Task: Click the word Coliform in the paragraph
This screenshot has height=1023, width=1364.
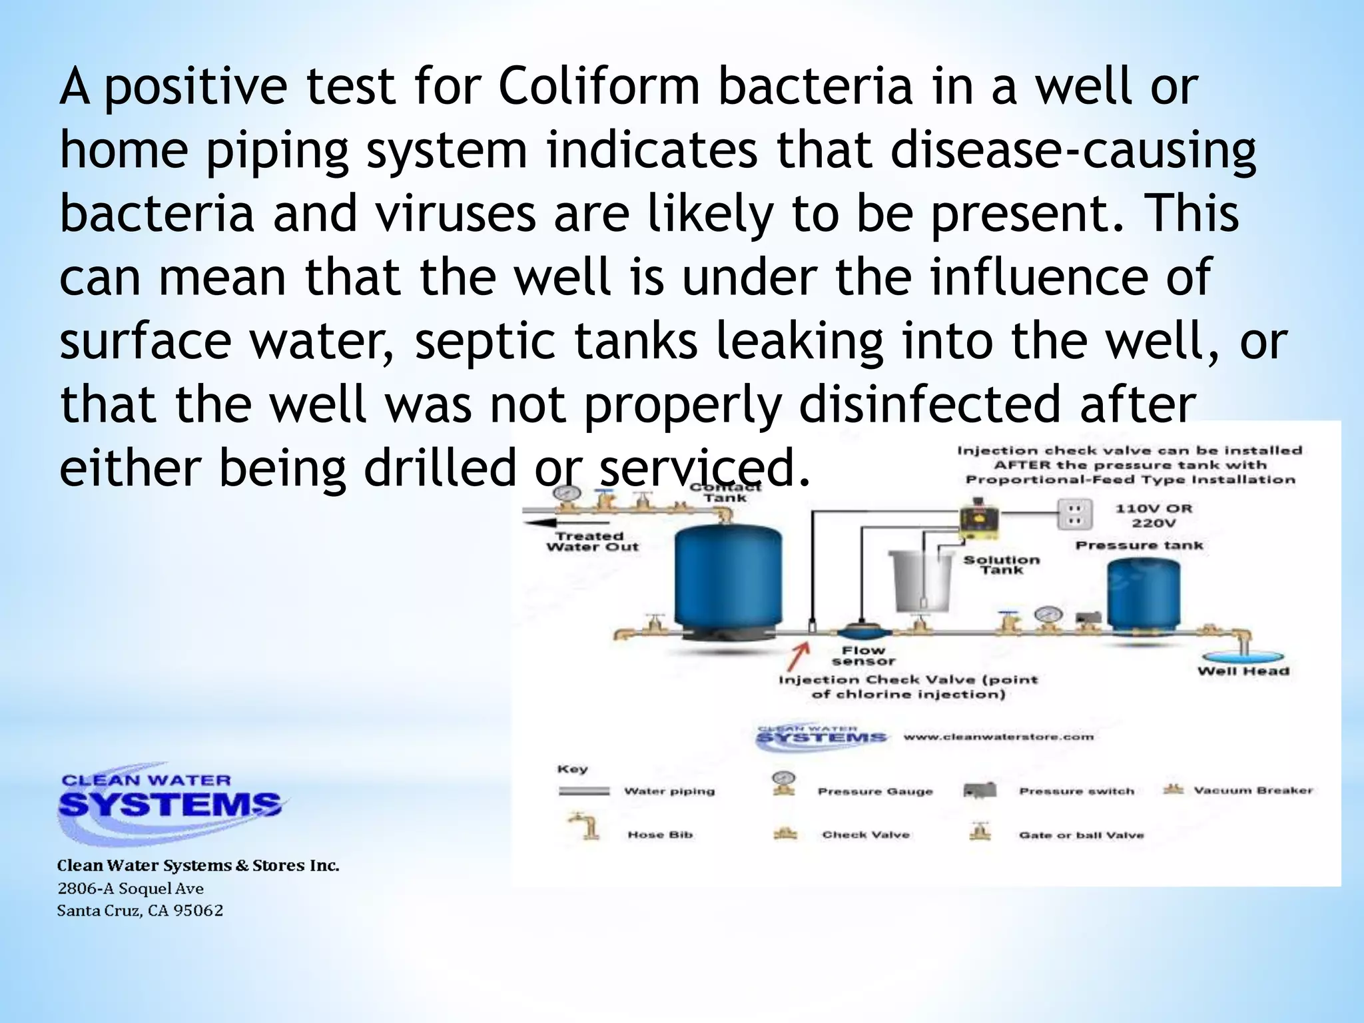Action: tap(599, 87)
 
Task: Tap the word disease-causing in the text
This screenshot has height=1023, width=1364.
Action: tap(1073, 150)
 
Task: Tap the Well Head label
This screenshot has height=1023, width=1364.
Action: tap(1243, 671)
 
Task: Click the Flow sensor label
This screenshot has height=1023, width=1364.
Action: tap(863, 655)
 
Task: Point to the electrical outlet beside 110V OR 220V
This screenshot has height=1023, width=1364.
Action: tap(1073, 515)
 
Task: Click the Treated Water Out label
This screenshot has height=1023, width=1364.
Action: tap(592, 541)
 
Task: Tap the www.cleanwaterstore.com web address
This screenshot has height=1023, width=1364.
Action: tap(998, 737)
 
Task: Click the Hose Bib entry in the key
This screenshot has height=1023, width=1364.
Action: tap(659, 835)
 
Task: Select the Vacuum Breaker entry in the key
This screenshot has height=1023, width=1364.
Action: tap(1252, 791)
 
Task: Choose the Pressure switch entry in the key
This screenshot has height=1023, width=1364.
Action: tap(1076, 791)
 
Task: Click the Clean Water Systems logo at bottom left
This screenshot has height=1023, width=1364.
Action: tap(169, 799)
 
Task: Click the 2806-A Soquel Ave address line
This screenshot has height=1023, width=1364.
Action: tap(131, 888)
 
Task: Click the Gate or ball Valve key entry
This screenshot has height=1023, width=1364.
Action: tap(1080, 835)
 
